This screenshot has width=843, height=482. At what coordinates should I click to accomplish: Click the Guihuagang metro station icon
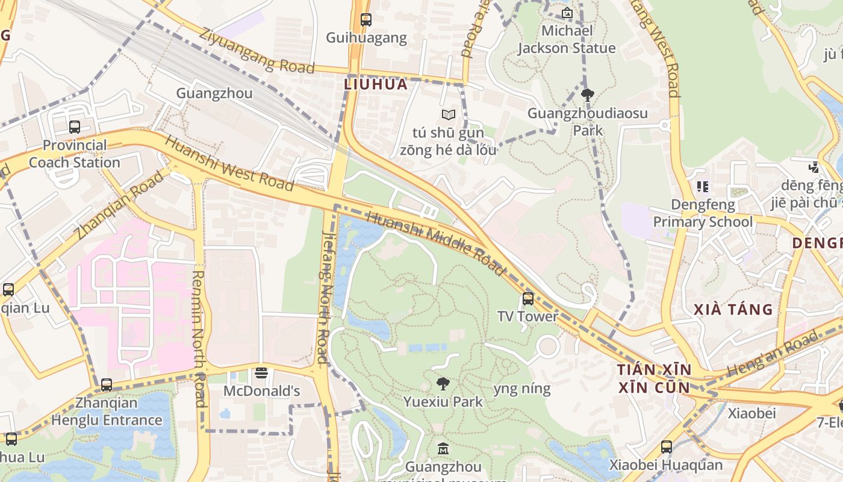[366, 19]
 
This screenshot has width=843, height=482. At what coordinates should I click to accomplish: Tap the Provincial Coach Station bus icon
[75, 127]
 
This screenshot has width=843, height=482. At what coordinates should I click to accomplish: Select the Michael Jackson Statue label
[567, 40]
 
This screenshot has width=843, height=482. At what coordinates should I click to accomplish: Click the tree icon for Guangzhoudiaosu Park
[588, 95]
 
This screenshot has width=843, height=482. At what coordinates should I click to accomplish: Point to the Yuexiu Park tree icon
[443, 383]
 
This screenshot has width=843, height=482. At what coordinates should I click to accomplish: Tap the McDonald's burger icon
[261, 373]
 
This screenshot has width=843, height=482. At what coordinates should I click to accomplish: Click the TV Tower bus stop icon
[528, 298]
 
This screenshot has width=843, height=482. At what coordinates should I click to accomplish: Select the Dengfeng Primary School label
[703, 213]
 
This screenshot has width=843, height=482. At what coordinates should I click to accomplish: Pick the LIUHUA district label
[376, 84]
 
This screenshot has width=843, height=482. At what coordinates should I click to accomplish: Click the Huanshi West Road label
[229, 163]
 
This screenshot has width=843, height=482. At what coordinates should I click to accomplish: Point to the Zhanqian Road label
[120, 205]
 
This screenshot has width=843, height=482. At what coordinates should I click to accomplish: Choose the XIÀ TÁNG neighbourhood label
[733, 310]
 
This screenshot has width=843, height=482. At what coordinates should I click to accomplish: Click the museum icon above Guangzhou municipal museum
[443, 448]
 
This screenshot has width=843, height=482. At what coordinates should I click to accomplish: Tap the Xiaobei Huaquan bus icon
[666, 446]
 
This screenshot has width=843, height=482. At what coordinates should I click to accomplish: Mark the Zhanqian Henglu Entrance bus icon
[107, 384]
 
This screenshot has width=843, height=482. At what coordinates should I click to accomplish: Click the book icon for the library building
[448, 114]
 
